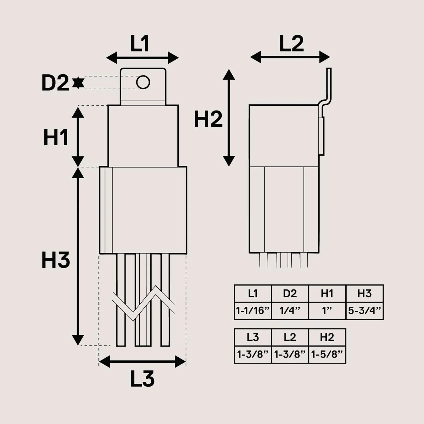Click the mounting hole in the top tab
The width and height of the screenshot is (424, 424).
point(143,82)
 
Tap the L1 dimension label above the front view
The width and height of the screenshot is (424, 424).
point(140,44)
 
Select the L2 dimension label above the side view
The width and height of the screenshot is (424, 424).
point(291,44)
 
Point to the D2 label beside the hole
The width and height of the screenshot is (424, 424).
point(55,83)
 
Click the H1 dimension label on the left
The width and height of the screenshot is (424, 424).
point(56,137)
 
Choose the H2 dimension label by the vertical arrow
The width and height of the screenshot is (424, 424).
point(208,119)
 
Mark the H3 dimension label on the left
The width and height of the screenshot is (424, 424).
point(56,260)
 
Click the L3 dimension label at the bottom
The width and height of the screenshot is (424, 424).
point(142,379)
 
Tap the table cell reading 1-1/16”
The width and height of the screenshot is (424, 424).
point(253,311)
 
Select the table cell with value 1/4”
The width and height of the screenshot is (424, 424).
point(290,311)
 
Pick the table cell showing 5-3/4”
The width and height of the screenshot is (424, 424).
point(365,311)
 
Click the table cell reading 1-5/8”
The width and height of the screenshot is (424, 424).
point(327,354)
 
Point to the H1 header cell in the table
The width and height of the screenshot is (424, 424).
point(327,294)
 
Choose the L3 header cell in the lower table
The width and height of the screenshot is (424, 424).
point(253,337)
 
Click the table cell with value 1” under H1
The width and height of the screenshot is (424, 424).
point(327,311)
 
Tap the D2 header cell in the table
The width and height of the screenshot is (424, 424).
point(290,294)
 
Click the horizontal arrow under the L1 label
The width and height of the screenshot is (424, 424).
point(142,58)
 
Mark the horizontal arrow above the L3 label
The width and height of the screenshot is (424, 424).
point(142,362)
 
